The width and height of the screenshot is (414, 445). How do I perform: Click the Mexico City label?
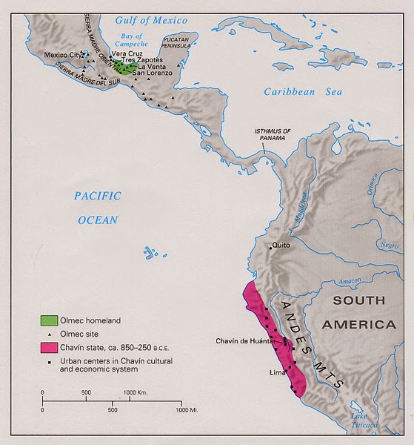click(x=61, y=55)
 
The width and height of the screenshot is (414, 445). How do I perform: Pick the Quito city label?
click(x=280, y=244)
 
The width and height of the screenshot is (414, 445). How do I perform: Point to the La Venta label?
click(x=151, y=66)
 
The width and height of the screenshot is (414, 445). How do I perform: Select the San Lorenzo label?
click(x=152, y=73)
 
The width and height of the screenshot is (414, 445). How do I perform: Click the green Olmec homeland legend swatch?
click(x=49, y=320)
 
